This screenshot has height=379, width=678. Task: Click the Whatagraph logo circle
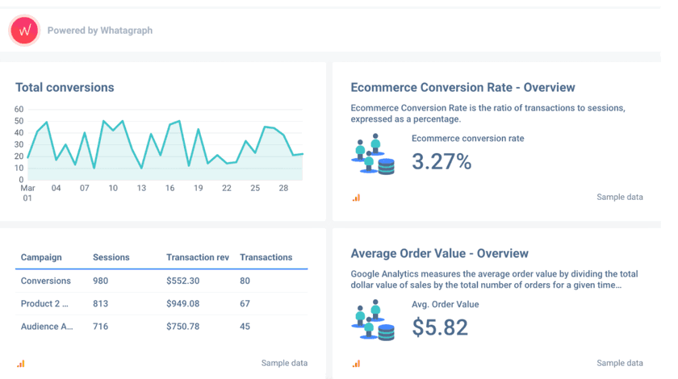(x=24, y=31)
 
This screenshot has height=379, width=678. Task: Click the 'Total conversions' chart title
(x=65, y=87)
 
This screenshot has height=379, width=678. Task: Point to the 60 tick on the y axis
(x=19, y=110)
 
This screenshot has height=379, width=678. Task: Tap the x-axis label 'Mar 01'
(x=27, y=193)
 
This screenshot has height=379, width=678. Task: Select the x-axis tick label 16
(x=170, y=188)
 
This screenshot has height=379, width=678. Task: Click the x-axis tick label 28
(x=283, y=188)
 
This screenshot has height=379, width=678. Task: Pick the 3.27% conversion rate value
(x=442, y=161)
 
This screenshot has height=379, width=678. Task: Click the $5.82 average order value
(x=440, y=327)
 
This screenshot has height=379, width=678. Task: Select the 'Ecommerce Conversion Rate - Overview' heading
(x=462, y=87)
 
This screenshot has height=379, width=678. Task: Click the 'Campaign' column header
(x=41, y=257)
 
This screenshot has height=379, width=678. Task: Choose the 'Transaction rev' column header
(x=198, y=257)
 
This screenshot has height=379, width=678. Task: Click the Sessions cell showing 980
(x=101, y=281)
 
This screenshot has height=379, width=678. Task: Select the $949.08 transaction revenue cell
(x=183, y=304)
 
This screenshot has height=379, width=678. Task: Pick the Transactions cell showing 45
(x=245, y=327)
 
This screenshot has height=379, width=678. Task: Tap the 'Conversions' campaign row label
(x=46, y=281)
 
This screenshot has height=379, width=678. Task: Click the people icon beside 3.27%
(x=373, y=156)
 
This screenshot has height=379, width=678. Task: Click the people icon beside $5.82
(x=373, y=321)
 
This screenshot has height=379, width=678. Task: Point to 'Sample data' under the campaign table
(x=284, y=363)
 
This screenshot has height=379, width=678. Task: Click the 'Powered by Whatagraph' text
(x=100, y=31)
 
